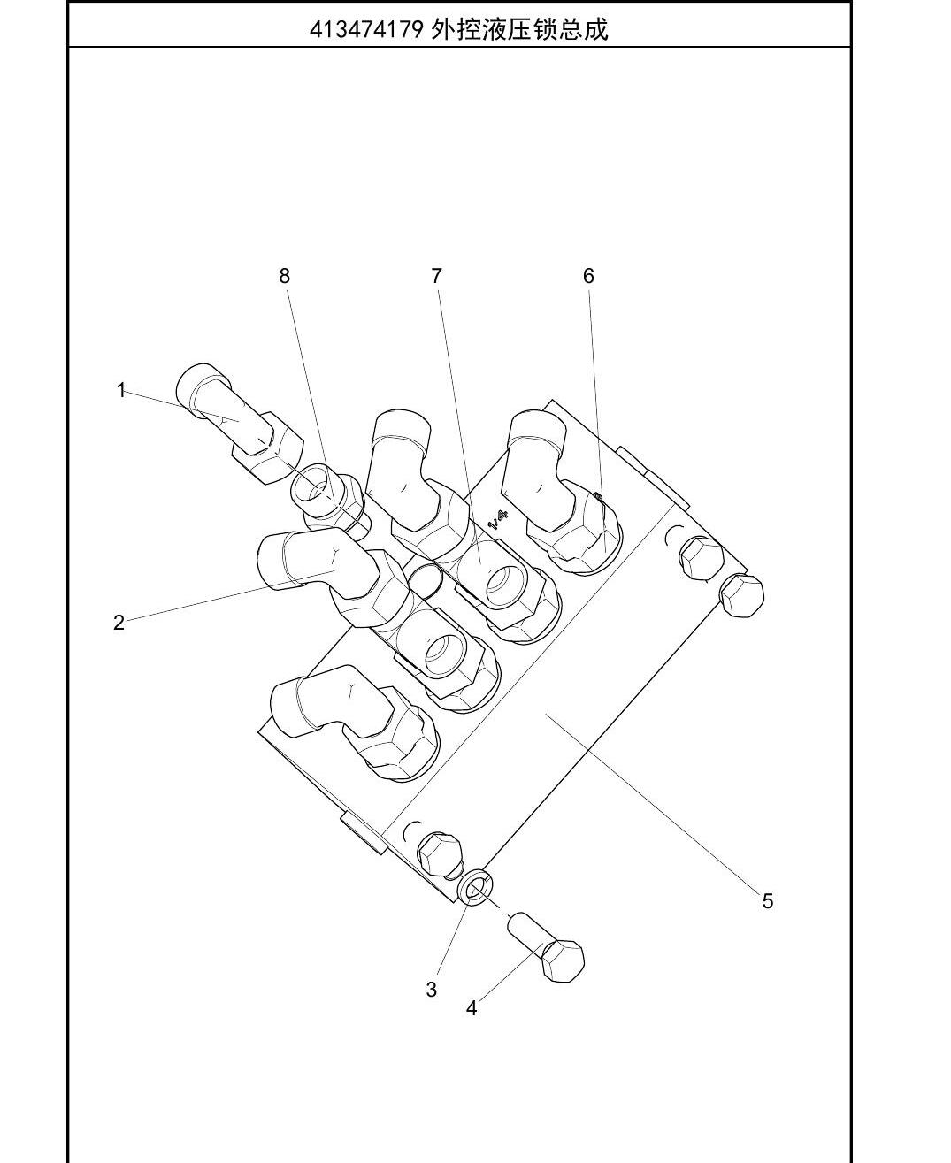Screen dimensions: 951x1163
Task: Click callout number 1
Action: click(121, 390)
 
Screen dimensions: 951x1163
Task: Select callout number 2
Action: click(119, 623)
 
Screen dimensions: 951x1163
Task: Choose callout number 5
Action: click(768, 901)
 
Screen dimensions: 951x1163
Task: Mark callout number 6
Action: click(588, 276)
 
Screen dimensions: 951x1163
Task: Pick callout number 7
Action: click(436, 276)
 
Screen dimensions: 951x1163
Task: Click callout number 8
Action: click(284, 276)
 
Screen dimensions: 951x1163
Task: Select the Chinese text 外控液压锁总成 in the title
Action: click(519, 30)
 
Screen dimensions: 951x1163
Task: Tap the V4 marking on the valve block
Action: click(499, 519)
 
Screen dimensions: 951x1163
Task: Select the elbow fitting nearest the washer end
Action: click(353, 723)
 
